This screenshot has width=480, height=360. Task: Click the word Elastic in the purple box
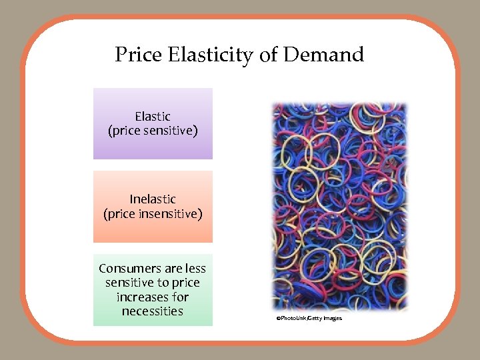[153, 117]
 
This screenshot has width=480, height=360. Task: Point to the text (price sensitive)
[153, 131]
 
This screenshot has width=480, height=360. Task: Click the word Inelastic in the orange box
[153, 199]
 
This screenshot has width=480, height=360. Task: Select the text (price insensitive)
[153, 213]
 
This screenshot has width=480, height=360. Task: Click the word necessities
[153, 311]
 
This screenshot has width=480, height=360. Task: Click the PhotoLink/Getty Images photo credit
[309, 319]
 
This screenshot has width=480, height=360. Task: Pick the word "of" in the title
[268, 55]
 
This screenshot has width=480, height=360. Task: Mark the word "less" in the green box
[195, 269]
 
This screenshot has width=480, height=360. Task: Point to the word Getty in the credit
[313, 319]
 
